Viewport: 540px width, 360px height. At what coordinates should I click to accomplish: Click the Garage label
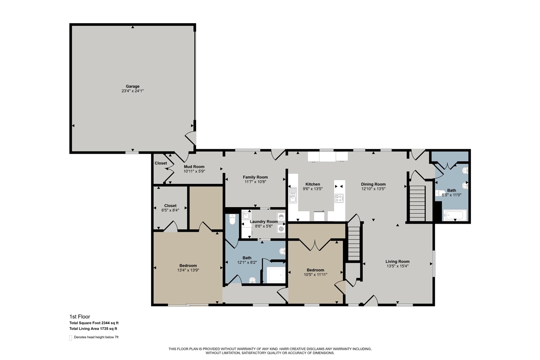pos(132,86)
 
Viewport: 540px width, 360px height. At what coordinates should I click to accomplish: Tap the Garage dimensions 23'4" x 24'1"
pos(132,91)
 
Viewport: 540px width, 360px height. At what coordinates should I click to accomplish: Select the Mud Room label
pos(194,167)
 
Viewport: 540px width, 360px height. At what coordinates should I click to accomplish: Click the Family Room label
pos(255,177)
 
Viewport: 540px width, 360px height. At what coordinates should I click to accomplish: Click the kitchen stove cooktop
pos(339,198)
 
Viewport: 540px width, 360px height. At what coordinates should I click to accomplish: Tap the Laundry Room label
pos(264,222)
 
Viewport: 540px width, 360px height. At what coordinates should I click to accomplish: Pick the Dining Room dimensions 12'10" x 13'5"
pos(373,189)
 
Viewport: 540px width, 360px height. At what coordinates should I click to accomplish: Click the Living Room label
pos(398,261)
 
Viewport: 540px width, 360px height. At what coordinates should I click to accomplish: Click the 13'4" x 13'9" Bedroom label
pos(188,265)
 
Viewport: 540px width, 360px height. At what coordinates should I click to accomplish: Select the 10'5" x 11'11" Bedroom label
pos(315,270)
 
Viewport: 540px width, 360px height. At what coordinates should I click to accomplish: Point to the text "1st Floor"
pos(80,316)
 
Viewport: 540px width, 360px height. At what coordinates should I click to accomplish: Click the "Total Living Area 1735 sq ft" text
pos(93,328)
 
